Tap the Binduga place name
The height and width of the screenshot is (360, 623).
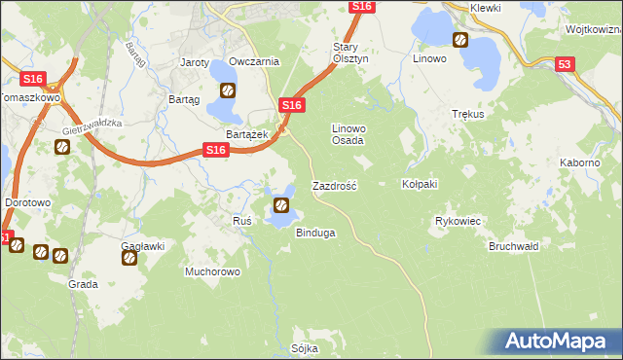[315, 234]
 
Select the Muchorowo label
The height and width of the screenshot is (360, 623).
[212, 271]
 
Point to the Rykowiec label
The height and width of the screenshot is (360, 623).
[458, 221]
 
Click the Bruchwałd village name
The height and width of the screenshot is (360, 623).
[513, 246]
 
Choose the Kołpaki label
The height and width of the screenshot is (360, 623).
[421, 184]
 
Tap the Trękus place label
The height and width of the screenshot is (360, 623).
[468, 113]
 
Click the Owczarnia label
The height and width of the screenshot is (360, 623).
[255, 61]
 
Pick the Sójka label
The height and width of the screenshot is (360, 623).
[305, 347]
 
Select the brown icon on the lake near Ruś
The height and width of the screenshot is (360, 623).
[280, 204]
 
